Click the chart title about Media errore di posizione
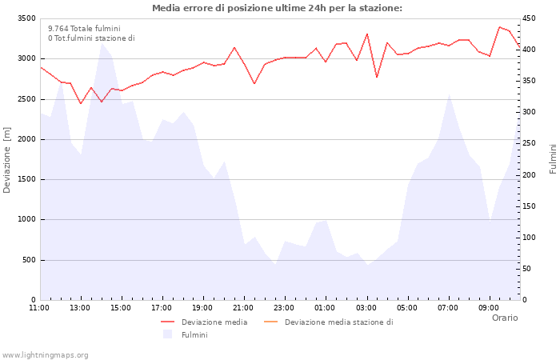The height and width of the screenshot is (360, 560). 277,9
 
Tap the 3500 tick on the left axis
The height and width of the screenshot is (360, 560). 26,18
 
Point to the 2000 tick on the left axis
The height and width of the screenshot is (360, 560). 26,139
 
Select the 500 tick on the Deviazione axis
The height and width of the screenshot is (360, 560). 29,260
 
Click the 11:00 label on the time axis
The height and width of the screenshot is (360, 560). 39,307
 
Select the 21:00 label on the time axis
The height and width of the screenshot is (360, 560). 244,307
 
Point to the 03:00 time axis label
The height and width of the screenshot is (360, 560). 366,307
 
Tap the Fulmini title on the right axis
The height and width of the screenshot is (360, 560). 553,159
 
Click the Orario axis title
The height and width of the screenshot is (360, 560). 504,318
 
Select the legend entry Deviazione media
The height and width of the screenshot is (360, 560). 214,322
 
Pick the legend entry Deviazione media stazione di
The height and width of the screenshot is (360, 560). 338,322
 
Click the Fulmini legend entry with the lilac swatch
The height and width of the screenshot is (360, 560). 194,334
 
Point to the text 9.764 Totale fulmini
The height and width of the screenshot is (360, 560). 84,28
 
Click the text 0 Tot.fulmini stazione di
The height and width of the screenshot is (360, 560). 91,38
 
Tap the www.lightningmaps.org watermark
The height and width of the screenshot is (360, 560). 45,354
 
